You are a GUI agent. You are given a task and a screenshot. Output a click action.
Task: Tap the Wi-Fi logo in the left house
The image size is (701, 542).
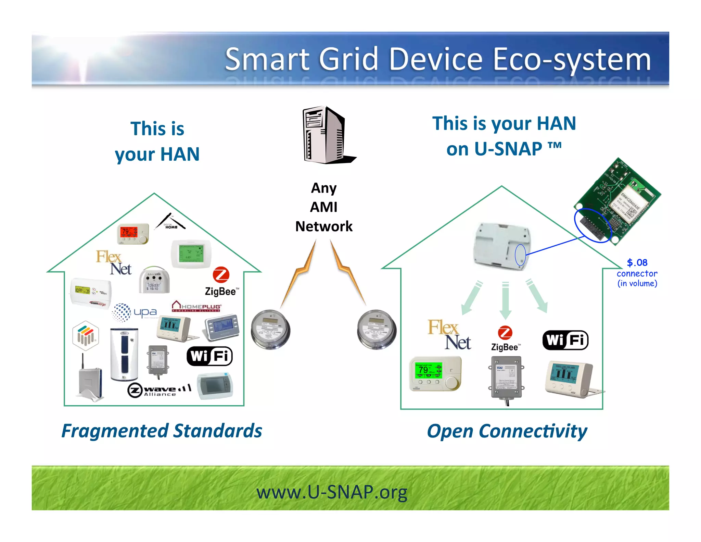pos(209,356)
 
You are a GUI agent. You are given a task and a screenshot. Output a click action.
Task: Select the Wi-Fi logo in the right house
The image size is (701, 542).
pos(565,340)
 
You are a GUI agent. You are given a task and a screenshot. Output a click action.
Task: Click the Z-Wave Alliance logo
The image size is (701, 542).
pos(159,390)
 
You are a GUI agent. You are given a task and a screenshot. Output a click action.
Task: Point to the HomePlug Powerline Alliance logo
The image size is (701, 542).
pos(196,306)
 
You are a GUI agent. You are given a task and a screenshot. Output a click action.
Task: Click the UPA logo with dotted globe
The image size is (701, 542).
pos(134,312)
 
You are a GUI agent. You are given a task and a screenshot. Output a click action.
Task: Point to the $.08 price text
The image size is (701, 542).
pos(637,263)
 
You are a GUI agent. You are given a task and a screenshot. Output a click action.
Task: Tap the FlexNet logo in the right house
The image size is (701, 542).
pos(449,335)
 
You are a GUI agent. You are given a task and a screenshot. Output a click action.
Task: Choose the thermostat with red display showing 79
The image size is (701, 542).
pos(133,234)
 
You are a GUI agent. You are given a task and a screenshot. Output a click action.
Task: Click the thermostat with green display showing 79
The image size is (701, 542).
pos(435,373)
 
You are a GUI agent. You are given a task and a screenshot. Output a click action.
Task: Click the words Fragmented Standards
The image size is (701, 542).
pos(162,431)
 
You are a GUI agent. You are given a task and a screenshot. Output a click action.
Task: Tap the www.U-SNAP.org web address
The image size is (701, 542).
pos(332,492)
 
